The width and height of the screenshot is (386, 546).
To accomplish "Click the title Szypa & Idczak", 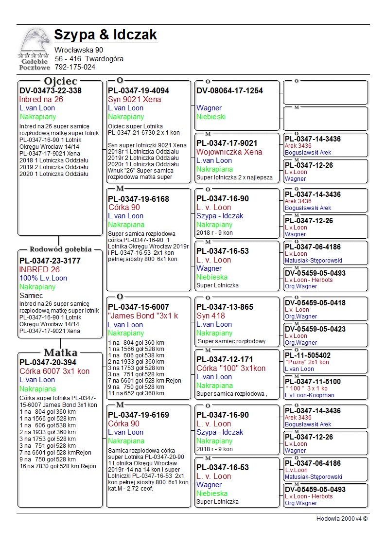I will (x=105, y=35).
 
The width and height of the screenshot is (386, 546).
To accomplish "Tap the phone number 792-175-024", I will (x=75, y=67).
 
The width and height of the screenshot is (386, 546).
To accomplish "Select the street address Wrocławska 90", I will (x=79, y=50).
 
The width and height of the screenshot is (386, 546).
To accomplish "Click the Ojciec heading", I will (x=60, y=81).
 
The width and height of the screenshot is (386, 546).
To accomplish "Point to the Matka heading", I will (x=60, y=352).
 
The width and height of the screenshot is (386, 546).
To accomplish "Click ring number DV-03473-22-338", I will (x=50, y=90).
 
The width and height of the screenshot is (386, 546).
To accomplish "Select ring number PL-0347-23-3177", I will (x=50, y=261).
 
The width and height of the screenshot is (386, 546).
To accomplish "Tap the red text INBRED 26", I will (x=39, y=269).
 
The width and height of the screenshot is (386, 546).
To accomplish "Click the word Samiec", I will (x=31, y=296).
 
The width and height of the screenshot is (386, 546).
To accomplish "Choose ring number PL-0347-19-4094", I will (x=139, y=90).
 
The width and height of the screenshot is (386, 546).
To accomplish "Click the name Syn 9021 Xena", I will (x=134, y=99).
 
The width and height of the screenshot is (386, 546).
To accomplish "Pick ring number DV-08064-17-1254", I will (x=229, y=90).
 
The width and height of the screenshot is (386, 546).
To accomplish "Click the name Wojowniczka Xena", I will (x=229, y=152).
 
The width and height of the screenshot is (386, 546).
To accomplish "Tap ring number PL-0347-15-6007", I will (x=139, y=307).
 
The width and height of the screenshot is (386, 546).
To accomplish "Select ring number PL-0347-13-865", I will (x=225, y=307).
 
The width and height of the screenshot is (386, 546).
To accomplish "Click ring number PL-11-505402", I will (x=308, y=355).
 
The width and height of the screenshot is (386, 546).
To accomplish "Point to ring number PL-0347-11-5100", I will (x=313, y=382).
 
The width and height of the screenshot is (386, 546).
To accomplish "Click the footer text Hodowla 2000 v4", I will (x=342, y=518).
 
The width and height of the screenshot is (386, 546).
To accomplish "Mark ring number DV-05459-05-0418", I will (x=315, y=303).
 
